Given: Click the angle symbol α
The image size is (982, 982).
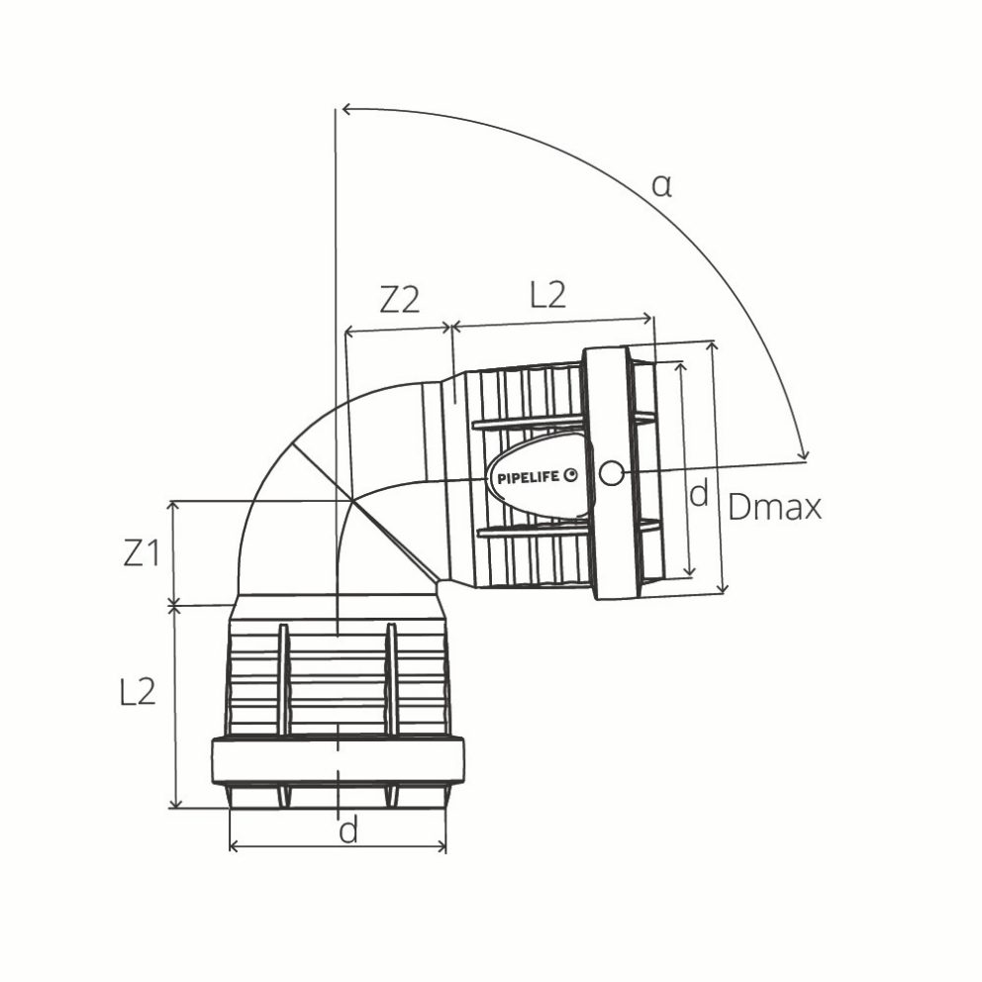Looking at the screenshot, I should [x=661, y=185].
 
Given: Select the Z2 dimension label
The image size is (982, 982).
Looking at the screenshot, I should [x=399, y=300].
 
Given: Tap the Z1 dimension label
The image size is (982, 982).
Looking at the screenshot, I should [x=142, y=553].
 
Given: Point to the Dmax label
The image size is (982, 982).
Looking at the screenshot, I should [x=775, y=508].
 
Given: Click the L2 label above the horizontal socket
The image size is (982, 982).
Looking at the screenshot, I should [x=547, y=295].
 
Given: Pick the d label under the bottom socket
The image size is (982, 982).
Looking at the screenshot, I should [x=347, y=832].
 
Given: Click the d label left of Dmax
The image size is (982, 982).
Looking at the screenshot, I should [x=698, y=494].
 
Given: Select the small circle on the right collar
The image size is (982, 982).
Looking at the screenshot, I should [x=612, y=474].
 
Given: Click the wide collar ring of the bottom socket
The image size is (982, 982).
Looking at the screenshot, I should [x=338, y=761].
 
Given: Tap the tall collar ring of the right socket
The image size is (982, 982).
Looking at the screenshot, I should [x=610, y=473].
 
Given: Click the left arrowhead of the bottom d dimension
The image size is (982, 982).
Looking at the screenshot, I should [x=234, y=847].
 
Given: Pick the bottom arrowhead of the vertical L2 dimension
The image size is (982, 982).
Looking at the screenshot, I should [x=175, y=804].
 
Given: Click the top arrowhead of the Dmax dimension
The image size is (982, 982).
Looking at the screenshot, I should [x=711, y=345].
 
